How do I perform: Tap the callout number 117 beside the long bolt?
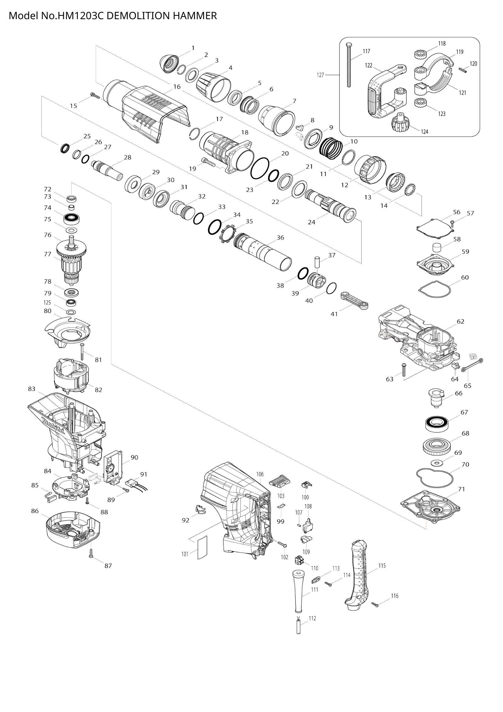coord(366,51)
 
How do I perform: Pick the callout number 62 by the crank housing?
coord(460,321)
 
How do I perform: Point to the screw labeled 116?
coord(376,605)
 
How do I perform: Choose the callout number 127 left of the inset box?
coord(321,75)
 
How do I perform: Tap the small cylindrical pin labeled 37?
coord(317,261)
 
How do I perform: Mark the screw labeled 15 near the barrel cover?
coord(95,95)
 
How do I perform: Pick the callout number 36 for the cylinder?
coord(280,237)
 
